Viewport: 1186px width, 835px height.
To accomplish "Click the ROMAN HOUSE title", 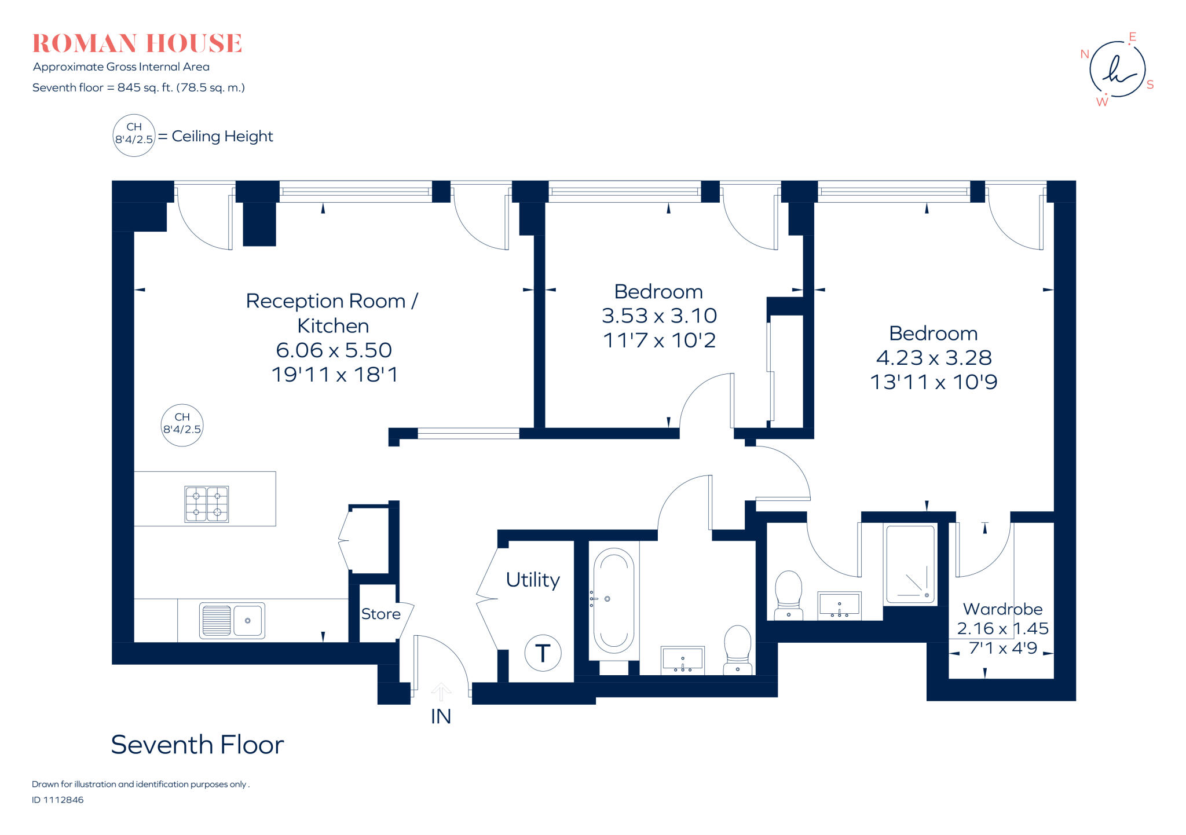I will pos(137,44).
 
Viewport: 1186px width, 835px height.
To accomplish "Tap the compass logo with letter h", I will pos(1117,69).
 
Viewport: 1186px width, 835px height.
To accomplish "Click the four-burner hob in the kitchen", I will pos(206,504).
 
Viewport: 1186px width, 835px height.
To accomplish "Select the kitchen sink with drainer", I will pos(232,620).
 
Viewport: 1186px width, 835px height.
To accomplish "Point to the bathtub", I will pos(613,600).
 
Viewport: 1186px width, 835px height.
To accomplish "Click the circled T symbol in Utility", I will pos(543,653).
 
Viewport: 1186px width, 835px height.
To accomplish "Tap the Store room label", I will pos(380,614).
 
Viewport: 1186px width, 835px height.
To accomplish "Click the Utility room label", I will pos(533,580).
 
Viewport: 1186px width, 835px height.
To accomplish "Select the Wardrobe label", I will pos(1002,609).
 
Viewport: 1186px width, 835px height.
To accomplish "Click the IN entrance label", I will pos(441,717).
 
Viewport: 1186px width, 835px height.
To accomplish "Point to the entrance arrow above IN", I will pos(441,691).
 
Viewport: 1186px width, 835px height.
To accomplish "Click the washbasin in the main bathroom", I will pos(683,660).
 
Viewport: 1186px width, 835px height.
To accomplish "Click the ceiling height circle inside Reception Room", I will pos(182,425).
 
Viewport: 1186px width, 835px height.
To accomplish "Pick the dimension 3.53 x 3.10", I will pos(659,316).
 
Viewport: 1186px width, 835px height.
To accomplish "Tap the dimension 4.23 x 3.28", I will pos(934,358).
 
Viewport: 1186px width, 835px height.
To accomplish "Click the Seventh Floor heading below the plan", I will pos(197,745).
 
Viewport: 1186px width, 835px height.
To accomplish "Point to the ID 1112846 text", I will pos(58,800).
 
